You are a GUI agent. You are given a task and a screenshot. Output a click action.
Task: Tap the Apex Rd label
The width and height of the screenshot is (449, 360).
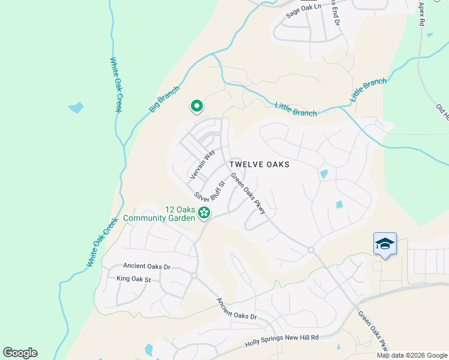pyautogui.click(x=421, y=13)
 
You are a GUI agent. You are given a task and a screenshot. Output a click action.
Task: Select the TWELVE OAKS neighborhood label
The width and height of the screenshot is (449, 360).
pyautogui.click(x=259, y=164)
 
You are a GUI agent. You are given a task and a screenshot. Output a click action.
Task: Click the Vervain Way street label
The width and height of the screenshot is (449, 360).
pyautogui.click(x=202, y=164)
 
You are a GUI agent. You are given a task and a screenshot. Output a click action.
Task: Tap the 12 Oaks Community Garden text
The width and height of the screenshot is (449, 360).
pyautogui.click(x=159, y=214)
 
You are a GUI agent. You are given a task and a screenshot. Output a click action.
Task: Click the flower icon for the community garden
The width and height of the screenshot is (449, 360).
pyautogui.click(x=204, y=212)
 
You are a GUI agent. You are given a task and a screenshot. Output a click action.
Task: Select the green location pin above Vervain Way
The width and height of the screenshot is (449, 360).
pyautogui.click(x=196, y=106)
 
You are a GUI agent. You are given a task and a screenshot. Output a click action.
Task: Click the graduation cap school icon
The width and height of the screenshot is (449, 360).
pyautogui.click(x=385, y=243)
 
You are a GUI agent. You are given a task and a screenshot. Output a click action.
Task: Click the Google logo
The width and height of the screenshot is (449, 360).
pyautogui.click(x=20, y=353)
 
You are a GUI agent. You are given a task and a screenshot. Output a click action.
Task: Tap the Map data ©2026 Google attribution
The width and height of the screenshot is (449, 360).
pyautogui.click(x=412, y=355)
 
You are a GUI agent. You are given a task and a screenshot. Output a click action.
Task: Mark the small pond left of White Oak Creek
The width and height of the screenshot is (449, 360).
pyautogui.click(x=76, y=108)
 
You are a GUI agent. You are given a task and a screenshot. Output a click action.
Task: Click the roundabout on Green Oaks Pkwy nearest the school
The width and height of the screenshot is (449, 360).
pyautogui.click(x=311, y=249)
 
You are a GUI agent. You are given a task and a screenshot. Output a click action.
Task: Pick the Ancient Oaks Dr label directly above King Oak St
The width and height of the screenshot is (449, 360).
pyautogui.click(x=147, y=266)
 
